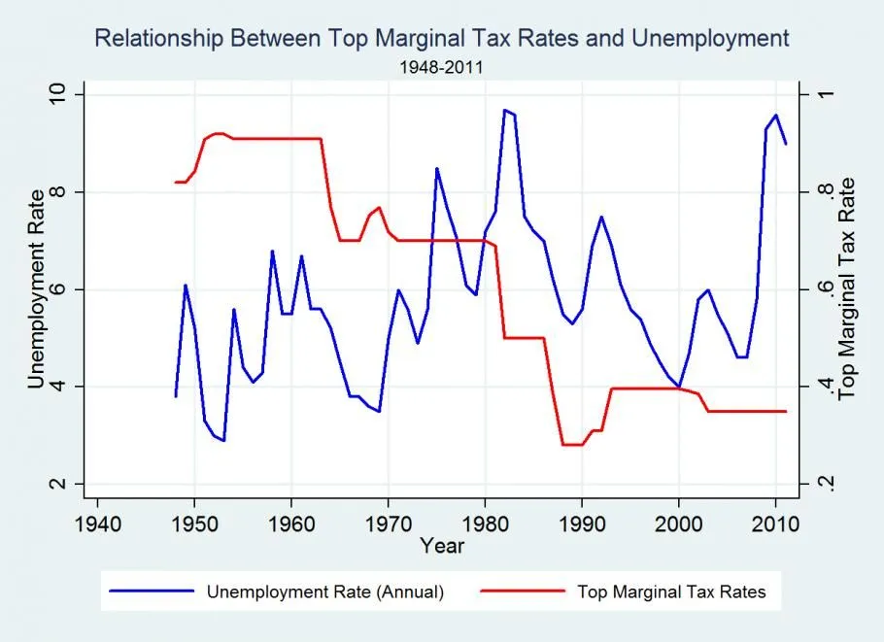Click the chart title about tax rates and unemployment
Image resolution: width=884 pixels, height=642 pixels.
(442, 39)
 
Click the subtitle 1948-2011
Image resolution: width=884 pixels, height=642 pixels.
(442, 69)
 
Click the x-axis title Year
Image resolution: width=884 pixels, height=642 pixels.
(442, 545)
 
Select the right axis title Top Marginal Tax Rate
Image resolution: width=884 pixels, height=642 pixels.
(847, 289)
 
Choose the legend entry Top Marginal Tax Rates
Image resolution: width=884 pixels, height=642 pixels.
(670, 591)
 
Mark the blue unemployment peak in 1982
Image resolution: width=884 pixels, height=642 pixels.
(504, 110)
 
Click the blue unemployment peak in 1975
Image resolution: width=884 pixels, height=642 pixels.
(436, 168)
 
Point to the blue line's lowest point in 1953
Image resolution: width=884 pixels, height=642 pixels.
(224, 440)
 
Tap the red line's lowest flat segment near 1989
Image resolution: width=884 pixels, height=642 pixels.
(571, 445)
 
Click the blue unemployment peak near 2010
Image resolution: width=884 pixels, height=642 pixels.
(775, 115)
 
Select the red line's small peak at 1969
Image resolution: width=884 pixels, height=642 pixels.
(379, 207)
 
